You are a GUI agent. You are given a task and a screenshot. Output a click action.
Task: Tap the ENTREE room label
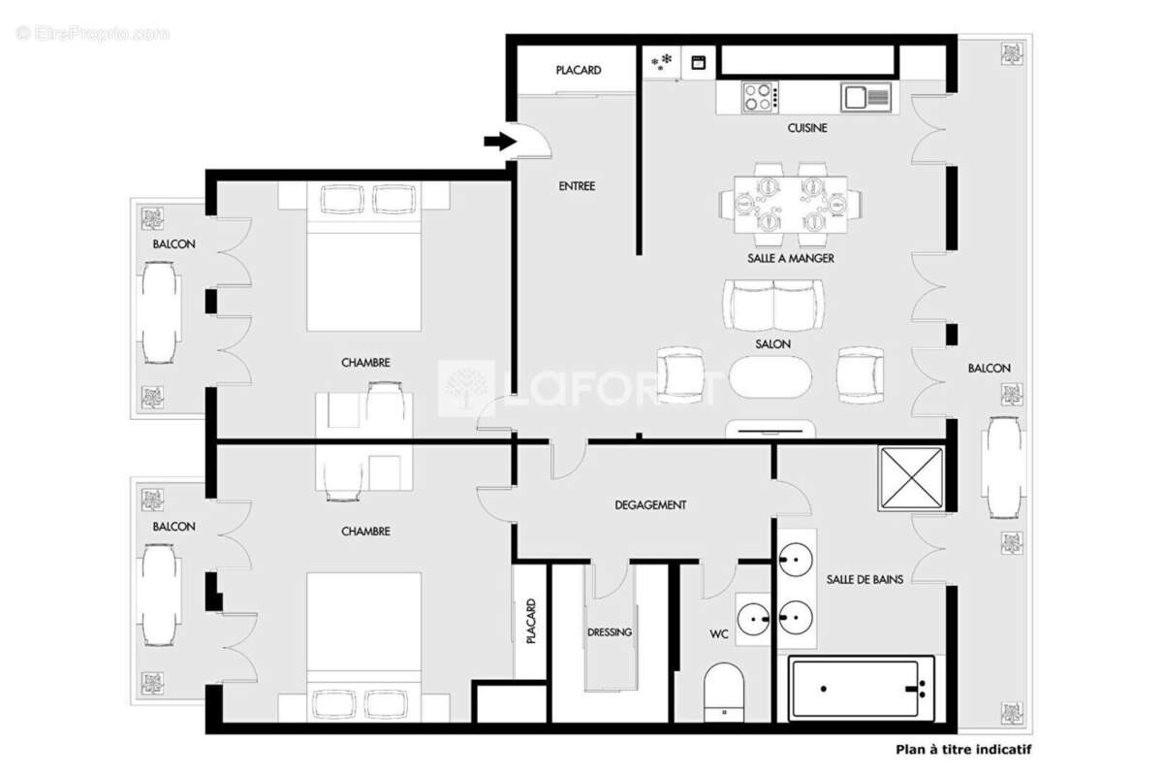(x=577, y=186)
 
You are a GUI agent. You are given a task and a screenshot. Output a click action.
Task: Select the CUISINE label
(x=807, y=128)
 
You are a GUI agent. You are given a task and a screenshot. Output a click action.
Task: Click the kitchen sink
(x=865, y=97)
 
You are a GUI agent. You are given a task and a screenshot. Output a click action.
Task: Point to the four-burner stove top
(x=761, y=97)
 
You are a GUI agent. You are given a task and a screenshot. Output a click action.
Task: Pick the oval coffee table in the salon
(x=773, y=377)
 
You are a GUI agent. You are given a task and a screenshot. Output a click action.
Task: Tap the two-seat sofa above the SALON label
(x=773, y=306)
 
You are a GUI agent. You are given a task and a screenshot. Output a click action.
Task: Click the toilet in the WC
(x=722, y=691)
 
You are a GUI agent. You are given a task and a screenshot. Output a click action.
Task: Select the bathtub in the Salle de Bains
(x=862, y=689)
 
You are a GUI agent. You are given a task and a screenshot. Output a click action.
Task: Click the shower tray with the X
(x=909, y=478)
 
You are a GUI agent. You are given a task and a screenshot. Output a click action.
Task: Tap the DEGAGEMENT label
(x=650, y=505)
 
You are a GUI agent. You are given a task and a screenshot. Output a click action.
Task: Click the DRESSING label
(x=610, y=632)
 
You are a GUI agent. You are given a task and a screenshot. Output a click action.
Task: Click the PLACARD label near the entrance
(x=579, y=71)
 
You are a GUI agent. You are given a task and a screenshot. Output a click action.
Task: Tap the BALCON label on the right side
(x=989, y=369)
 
